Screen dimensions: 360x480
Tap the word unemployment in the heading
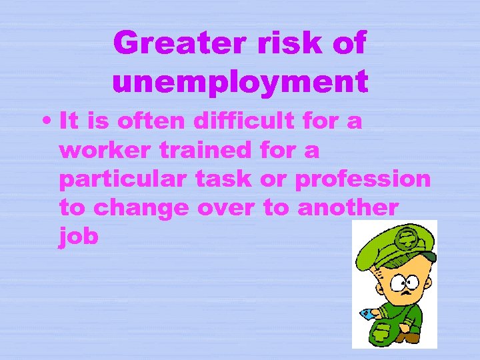point(241,82)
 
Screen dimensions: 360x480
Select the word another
point(349,208)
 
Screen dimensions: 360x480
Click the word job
point(79,237)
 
